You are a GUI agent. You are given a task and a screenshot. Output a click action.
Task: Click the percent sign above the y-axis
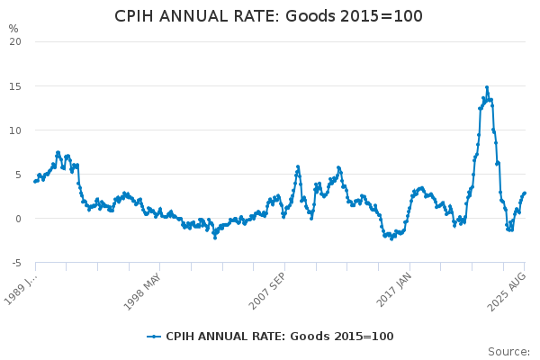(x=13, y=28)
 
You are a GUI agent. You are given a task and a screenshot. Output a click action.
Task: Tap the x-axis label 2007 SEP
(x=267, y=289)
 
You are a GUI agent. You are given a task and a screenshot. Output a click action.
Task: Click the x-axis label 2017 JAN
(x=393, y=289)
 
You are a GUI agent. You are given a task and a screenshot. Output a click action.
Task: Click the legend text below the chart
(x=279, y=337)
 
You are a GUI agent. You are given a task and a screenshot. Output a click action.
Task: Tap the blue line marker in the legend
(x=154, y=337)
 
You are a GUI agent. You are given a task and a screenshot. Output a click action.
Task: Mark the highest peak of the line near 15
(x=487, y=87)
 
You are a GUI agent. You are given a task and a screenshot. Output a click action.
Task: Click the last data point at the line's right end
(x=525, y=193)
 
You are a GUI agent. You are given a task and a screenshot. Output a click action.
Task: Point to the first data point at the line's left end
(x=35, y=182)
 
